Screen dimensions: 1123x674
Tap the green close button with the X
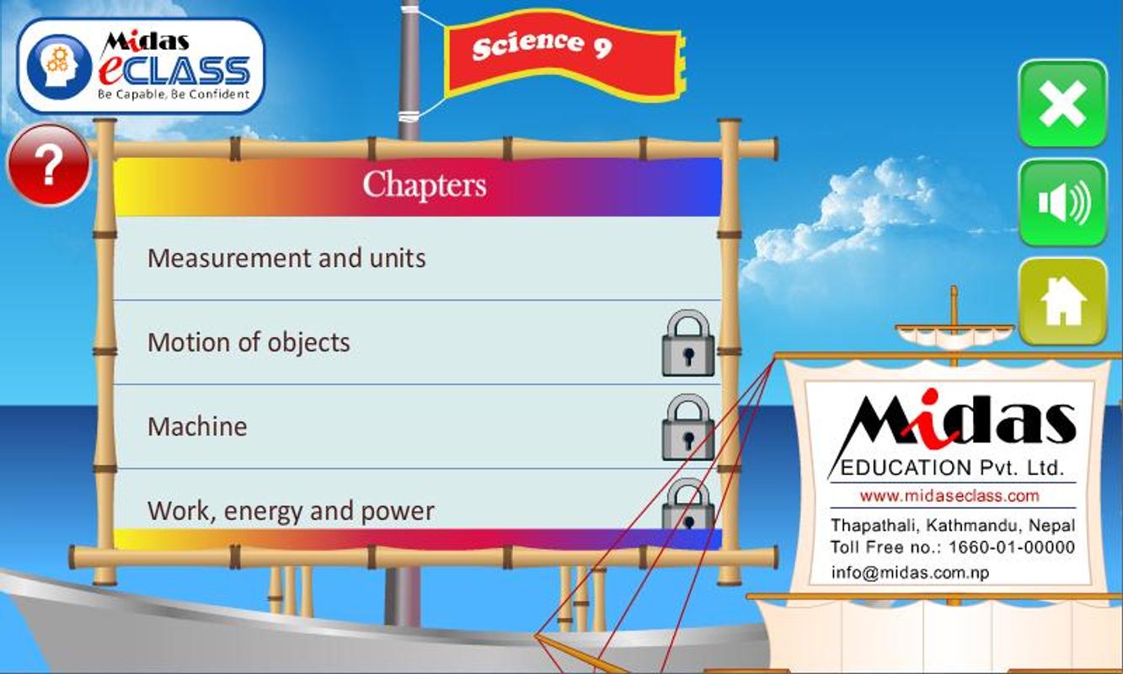(x=1063, y=104)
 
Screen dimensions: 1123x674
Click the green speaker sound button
(x=1063, y=203)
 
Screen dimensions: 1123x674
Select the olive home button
(x=1063, y=302)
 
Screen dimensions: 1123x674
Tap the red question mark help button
(x=49, y=165)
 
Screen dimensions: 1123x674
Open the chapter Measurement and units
(x=286, y=259)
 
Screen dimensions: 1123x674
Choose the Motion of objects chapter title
(x=249, y=343)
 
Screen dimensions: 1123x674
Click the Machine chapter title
(x=197, y=427)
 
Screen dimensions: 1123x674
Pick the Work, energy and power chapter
(x=291, y=511)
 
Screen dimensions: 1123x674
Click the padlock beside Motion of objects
(x=688, y=343)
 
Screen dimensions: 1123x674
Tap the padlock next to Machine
(x=688, y=427)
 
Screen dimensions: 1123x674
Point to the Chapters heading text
(x=424, y=185)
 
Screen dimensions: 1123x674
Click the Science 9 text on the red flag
(x=542, y=46)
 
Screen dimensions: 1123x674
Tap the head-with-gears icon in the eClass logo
(x=60, y=67)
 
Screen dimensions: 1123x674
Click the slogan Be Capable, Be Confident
(x=174, y=94)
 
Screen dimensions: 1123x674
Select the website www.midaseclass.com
(x=949, y=496)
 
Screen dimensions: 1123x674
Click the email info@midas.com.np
(x=910, y=572)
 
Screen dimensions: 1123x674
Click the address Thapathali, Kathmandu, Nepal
(x=953, y=525)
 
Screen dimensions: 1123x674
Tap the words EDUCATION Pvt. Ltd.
(x=952, y=468)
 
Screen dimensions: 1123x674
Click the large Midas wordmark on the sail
(x=958, y=421)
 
